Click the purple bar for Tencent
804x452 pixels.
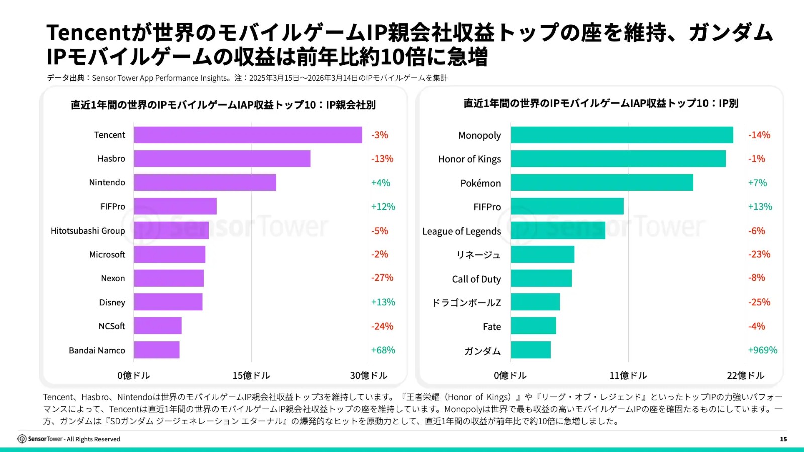pyautogui.click(x=248, y=135)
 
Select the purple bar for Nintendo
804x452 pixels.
pyautogui.click(x=205, y=182)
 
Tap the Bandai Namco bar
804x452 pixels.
pyautogui.click(x=157, y=350)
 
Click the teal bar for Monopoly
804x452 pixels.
pyautogui.click(x=622, y=135)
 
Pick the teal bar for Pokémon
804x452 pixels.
pyautogui.click(x=602, y=182)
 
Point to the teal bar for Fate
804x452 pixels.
pyautogui.click(x=533, y=326)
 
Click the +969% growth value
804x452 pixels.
pyautogui.click(x=762, y=350)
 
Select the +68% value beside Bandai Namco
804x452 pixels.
pyautogui.click(x=383, y=350)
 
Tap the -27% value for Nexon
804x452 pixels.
pyautogui.click(x=382, y=278)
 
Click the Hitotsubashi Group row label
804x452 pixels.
pyautogui.click(x=87, y=231)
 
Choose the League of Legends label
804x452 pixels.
pyautogui.click(x=461, y=231)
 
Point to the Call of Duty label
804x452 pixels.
pyautogui.click(x=476, y=279)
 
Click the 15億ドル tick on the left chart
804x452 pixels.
pyautogui.click(x=251, y=376)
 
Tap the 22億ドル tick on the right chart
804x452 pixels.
pyautogui.click(x=745, y=376)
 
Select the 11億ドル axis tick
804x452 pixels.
pyautogui.click(x=628, y=376)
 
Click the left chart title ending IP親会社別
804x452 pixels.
pyautogui.click(x=223, y=105)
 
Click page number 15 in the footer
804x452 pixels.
pyautogui.click(x=783, y=439)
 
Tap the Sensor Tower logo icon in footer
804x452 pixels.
pyautogui.click(x=22, y=439)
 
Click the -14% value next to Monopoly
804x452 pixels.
pyautogui.click(x=759, y=135)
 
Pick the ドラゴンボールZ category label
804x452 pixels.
pyautogui.click(x=466, y=303)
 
